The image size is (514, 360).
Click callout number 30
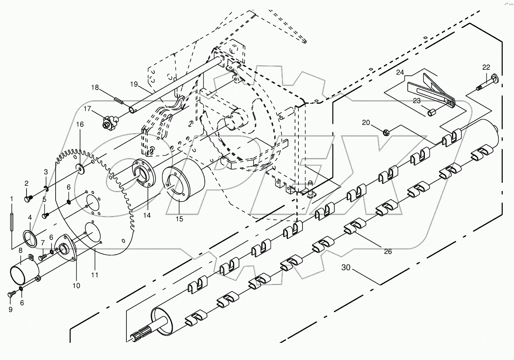pyautogui.click(x=346, y=267)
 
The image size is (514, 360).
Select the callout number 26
pyautogui.click(x=388, y=251)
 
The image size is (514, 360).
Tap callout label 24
pyautogui.click(x=400, y=72)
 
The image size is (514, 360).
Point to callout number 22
pyautogui.click(x=486, y=67)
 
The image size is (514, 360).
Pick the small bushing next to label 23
pyautogui.click(x=432, y=111)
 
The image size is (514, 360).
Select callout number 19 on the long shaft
pyautogui.click(x=134, y=84)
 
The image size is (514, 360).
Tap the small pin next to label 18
pyautogui.click(x=119, y=100)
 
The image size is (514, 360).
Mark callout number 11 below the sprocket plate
pyautogui.click(x=95, y=275)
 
